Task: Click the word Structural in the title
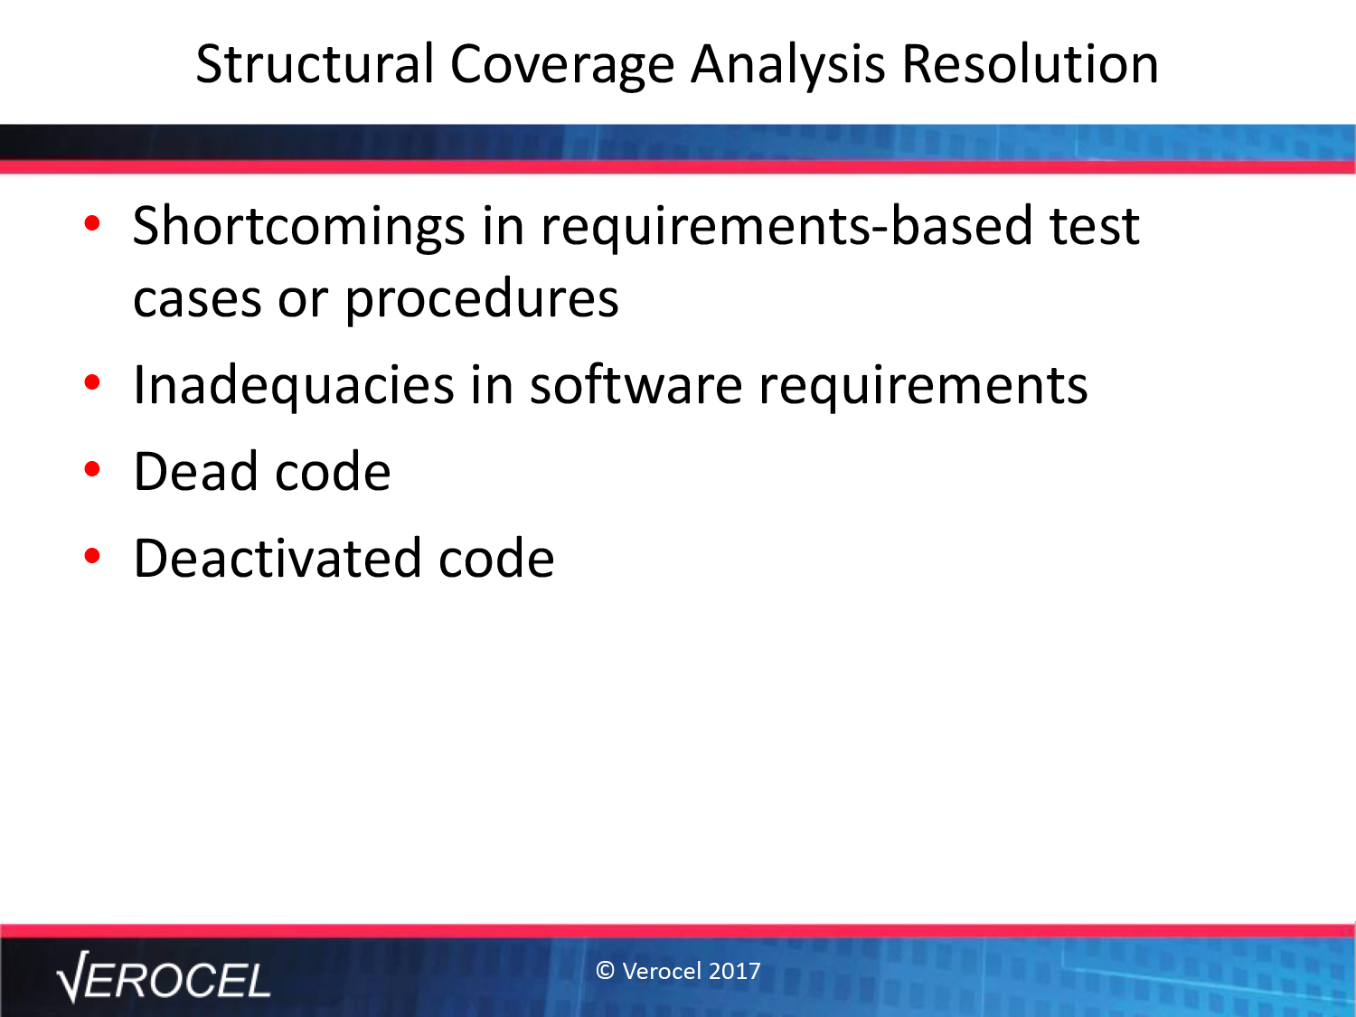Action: [x=315, y=63]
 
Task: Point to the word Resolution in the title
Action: [x=1030, y=63]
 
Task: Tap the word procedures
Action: [x=481, y=299]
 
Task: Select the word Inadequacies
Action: [x=294, y=386]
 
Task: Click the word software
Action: [x=636, y=384]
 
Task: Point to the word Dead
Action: [x=195, y=471]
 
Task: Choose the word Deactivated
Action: [x=278, y=558]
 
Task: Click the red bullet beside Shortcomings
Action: [x=92, y=223]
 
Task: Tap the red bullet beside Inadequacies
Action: [x=92, y=382]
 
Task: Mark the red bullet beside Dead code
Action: [x=92, y=469]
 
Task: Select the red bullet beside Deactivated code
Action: [x=92, y=556]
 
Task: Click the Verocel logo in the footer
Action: [x=163, y=977]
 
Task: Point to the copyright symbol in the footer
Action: [x=605, y=971]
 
